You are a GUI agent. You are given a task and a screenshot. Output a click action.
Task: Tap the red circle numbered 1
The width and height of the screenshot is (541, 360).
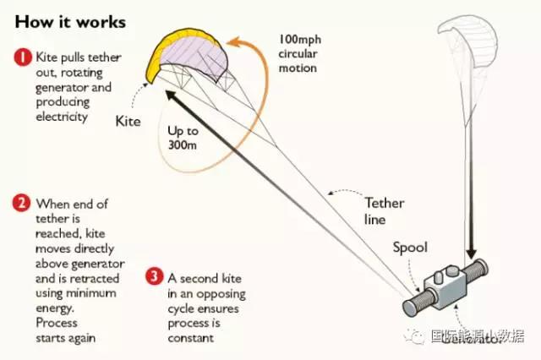click(x=22, y=58)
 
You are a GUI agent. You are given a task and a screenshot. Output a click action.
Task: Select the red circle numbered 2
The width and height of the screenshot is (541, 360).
click(x=22, y=203)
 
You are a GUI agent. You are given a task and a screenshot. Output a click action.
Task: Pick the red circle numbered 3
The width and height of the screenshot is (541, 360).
click(x=153, y=275)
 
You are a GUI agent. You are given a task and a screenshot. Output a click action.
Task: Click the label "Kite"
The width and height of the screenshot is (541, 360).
click(x=128, y=120)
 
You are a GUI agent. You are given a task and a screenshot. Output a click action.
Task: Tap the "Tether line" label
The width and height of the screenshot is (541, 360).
click(x=384, y=210)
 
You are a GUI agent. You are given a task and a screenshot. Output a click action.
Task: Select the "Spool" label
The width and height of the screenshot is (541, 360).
click(x=410, y=248)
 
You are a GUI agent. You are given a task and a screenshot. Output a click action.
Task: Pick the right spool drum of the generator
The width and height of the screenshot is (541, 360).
click(x=478, y=270)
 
